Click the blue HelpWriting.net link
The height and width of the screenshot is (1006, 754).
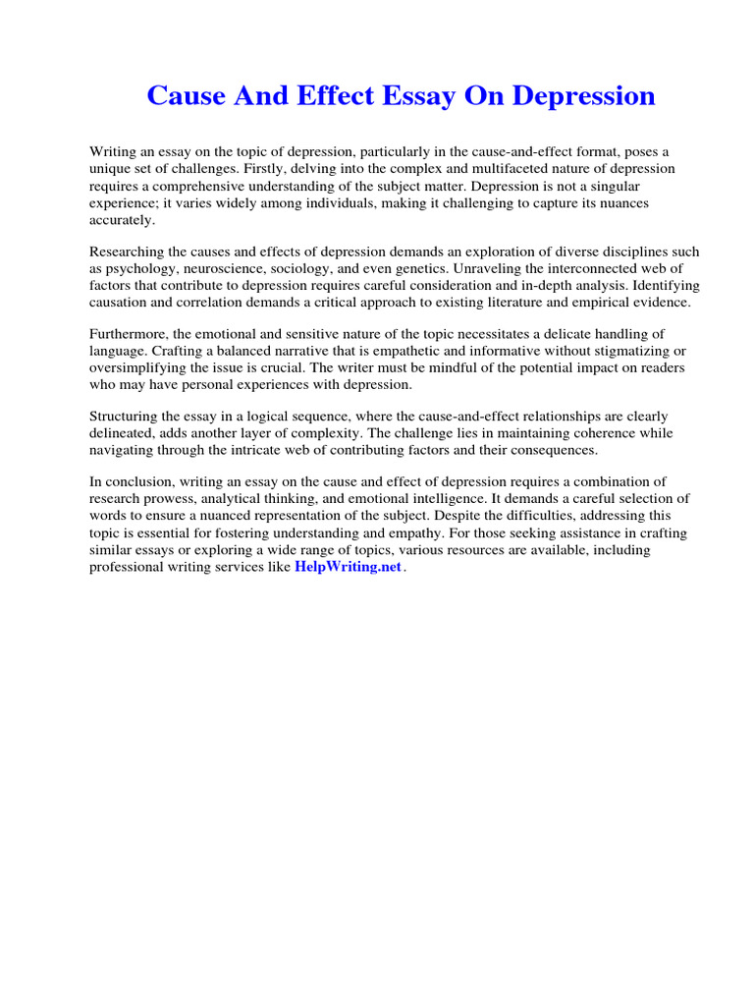point(348,568)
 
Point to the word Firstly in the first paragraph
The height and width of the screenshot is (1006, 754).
point(286,168)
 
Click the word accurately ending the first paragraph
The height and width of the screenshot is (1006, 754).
point(123,220)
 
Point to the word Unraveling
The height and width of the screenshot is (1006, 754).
point(525,268)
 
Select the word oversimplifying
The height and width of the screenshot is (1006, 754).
point(136,367)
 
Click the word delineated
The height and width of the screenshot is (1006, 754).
point(122,433)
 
